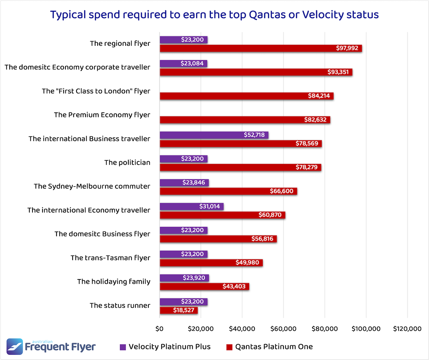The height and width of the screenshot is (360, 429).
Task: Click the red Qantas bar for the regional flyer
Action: click(x=261, y=48)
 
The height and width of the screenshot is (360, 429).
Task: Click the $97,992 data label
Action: click(x=347, y=48)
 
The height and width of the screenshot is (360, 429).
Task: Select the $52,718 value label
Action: click(x=252, y=135)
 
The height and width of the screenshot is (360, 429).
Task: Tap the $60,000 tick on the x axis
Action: click(x=283, y=329)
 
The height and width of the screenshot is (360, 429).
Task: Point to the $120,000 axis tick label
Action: click(x=407, y=329)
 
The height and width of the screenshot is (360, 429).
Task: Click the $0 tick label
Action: click(x=159, y=329)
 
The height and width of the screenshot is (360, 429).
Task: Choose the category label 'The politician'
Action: click(x=127, y=162)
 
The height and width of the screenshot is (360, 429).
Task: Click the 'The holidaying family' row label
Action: click(x=114, y=282)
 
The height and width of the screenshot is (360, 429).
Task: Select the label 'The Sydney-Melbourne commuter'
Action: click(x=92, y=186)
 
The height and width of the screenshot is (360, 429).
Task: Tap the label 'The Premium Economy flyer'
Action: click(x=102, y=115)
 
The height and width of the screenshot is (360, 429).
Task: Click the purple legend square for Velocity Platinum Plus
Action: click(x=123, y=347)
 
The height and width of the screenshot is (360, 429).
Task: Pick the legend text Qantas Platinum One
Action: click(x=274, y=346)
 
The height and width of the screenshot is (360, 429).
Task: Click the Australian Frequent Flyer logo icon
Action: click(x=15, y=347)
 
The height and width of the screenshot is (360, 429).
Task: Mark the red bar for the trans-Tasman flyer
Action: click(x=211, y=263)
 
